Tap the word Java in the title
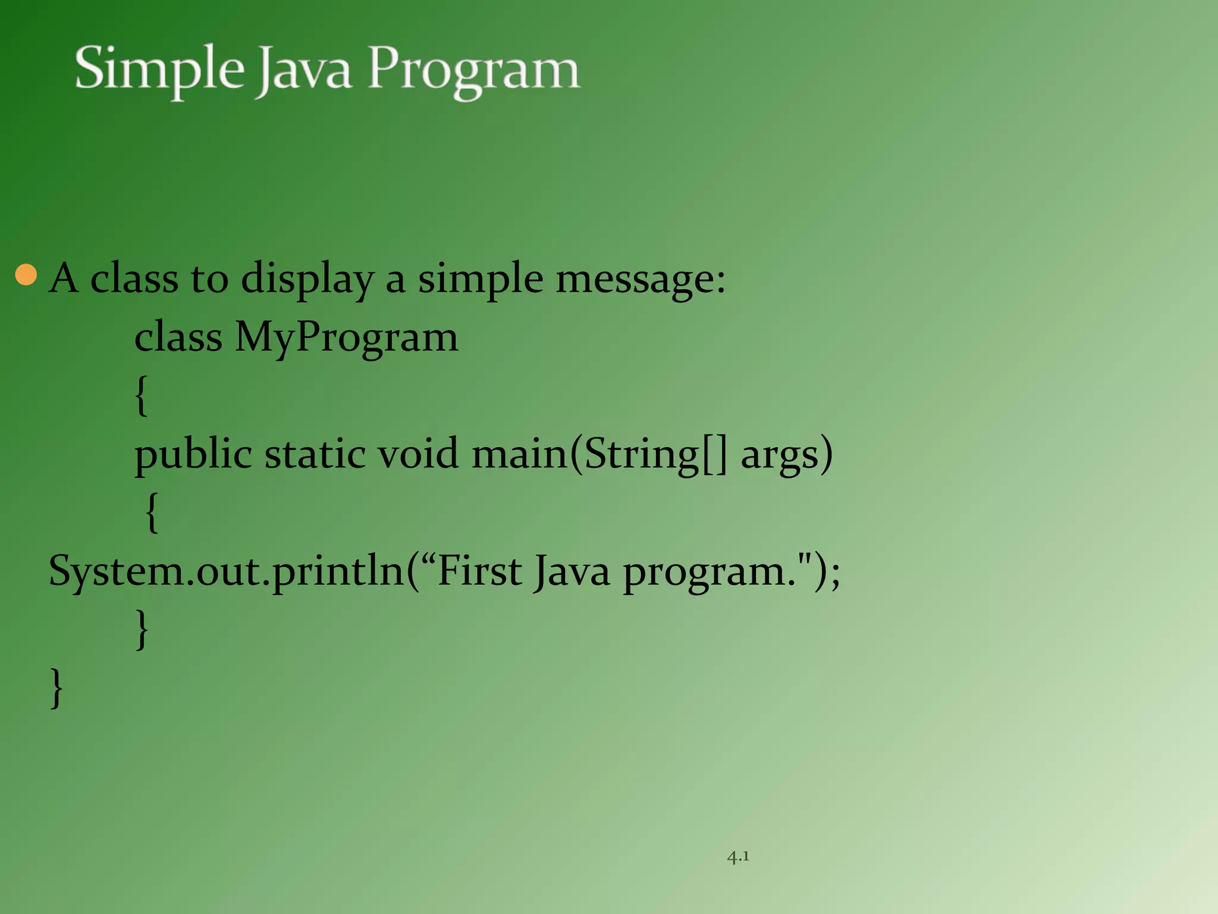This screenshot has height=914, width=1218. (x=303, y=70)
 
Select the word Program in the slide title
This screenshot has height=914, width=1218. (x=473, y=70)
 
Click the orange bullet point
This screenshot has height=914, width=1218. (x=26, y=275)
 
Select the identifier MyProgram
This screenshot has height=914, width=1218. (x=347, y=337)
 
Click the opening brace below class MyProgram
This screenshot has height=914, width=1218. (x=141, y=396)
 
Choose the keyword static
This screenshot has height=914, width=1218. (x=315, y=454)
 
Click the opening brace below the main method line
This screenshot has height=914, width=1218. (x=152, y=512)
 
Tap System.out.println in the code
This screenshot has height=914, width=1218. (x=226, y=571)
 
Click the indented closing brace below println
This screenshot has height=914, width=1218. (x=142, y=629)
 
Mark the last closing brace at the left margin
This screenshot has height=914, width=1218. (x=56, y=688)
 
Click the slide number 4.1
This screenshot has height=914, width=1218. (x=737, y=857)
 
